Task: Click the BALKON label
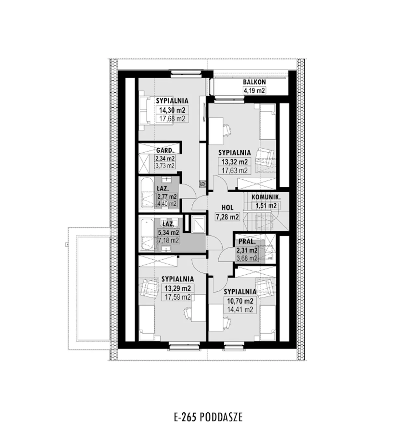coord(254,82)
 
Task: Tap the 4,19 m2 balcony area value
coord(254,90)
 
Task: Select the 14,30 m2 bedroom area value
coord(172,110)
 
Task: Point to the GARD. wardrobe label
coord(165,151)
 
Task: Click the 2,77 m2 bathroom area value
coord(167,196)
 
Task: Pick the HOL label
coord(227,207)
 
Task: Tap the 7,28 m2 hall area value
coord(227,217)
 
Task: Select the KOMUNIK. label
coord(266,197)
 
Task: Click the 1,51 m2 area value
coord(266,206)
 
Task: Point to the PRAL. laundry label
coord(247,241)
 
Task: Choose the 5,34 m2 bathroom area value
coord(168,232)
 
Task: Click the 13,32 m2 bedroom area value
coord(235,162)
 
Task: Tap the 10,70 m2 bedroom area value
coord(240,301)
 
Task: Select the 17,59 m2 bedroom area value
coord(178,297)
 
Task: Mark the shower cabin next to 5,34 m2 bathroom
coord(198,224)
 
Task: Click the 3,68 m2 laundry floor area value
coord(247,258)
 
